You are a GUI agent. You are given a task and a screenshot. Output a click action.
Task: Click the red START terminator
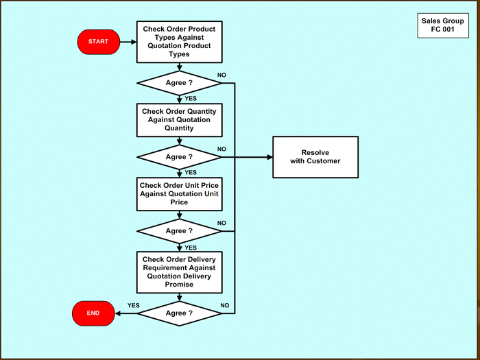[98, 42]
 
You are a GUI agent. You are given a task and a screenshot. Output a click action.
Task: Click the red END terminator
[93, 313]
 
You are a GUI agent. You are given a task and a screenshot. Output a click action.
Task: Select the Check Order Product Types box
[179, 42]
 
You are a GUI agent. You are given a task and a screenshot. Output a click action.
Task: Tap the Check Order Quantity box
[179, 119]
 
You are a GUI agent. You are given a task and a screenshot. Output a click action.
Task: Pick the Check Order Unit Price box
[179, 193]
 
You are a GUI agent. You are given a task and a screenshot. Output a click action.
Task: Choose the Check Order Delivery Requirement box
[179, 272]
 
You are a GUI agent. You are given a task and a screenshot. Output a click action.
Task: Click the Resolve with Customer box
[315, 156]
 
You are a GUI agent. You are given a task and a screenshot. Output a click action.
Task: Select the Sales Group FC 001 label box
[442, 25]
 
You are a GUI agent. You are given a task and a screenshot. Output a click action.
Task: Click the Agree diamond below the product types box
[179, 83]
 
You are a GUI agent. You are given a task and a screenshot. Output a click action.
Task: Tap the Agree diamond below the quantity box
[179, 156]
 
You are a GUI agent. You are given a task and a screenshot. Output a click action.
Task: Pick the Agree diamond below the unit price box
[179, 231]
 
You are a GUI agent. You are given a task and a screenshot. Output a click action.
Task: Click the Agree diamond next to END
[179, 313]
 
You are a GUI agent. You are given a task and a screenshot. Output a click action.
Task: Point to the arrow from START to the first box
[128, 42]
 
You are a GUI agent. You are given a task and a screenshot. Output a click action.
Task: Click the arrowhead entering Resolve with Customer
[269, 156]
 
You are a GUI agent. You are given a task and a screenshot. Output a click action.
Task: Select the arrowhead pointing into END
[117, 313]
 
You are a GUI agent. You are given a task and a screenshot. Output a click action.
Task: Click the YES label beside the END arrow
[133, 305]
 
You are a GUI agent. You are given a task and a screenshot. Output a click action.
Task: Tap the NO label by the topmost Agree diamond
[221, 74]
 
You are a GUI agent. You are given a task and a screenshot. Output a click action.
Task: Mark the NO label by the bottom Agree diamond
[224, 305]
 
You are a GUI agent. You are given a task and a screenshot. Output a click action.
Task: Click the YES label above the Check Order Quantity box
[191, 98]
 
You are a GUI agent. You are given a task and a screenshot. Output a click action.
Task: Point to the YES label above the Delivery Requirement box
[191, 247]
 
